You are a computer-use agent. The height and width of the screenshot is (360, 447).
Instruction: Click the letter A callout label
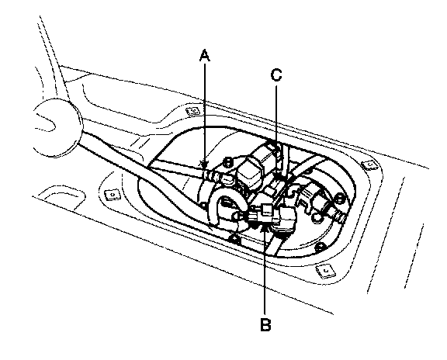point(204,55)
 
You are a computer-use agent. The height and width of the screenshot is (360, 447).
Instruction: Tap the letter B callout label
point(265,324)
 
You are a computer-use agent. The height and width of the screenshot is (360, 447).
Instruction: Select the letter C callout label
point(276,75)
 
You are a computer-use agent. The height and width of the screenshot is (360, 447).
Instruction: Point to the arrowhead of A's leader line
point(204,165)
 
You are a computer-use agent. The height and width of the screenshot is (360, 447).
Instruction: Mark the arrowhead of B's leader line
point(265,226)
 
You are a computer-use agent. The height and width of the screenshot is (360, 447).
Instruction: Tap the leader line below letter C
point(276,130)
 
